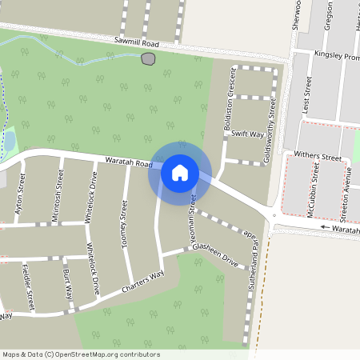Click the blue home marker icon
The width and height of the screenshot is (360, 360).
180,172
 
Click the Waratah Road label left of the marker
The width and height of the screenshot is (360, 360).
128,163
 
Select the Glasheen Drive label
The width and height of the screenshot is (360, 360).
215,254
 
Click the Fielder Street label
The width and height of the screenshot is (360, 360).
29,287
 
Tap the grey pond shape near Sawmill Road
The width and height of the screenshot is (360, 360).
147,58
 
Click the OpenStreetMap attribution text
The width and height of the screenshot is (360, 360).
80,354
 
